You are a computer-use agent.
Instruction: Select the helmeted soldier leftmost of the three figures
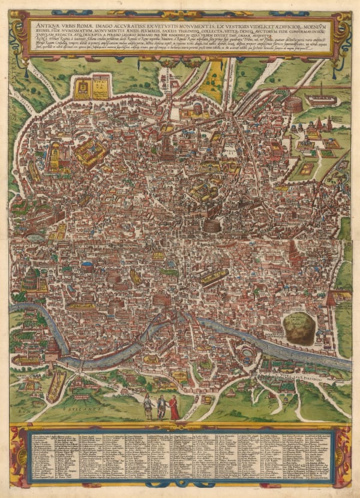[148, 406]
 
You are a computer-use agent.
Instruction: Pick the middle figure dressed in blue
[161, 407]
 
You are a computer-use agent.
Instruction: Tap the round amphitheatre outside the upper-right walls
[293, 104]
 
